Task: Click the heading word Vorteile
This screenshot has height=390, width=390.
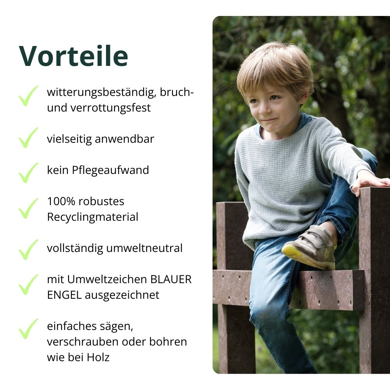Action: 73,56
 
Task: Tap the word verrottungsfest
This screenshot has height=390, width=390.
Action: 110,108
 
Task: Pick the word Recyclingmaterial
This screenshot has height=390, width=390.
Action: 92,217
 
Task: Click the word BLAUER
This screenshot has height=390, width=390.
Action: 171,279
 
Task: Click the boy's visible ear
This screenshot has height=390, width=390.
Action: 304,97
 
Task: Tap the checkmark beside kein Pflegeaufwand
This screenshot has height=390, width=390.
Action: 28,172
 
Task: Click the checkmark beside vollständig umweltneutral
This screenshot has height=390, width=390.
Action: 28,249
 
